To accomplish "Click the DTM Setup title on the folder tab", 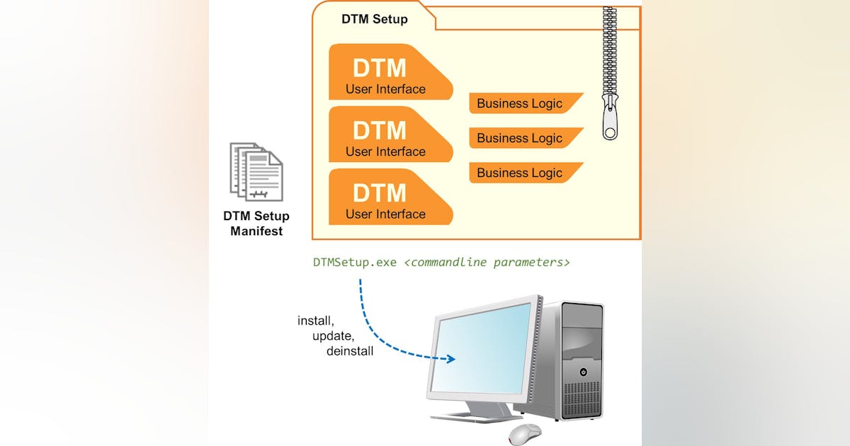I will pyautogui.click(x=374, y=19).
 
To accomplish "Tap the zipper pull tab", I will pyautogui.click(x=610, y=120).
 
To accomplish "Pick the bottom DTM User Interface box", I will pyautogui.click(x=386, y=198).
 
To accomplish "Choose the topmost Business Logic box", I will pyautogui.click(x=521, y=103).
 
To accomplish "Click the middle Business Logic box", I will pyautogui.click(x=521, y=138).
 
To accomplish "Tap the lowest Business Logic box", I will pyautogui.click(x=521, y=173).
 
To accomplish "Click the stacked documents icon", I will pyautogui.click(x=256, y=172).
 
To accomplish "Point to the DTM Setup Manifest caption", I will pyautogui.click(x=256, y=224).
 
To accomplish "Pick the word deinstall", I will pyautogui.click(x=350, y=351).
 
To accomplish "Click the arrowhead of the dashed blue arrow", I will pyautogui.click(x=451, y=360).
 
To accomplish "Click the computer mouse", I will pyautogui.click(x=525, y=433).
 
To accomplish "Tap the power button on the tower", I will pyautogui.click(x=583, y=372).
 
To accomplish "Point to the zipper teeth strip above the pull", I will pyautogui.click(x=609, y=50).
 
